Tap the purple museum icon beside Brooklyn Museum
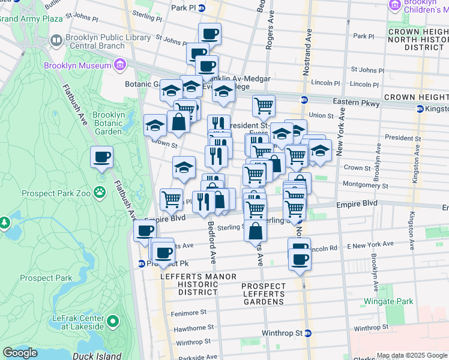point(120,64)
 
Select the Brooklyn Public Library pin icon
point(56,41)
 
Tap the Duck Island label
point(100,355)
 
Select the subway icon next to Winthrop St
point(308,333)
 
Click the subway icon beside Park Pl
point(202,8)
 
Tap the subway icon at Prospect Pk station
point(141,263)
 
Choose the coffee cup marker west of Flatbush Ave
point(101,158)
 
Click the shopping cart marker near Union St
point(264,106)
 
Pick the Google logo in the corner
point(20,353)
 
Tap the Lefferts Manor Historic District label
point(188,284)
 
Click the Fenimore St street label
point(190,312)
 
